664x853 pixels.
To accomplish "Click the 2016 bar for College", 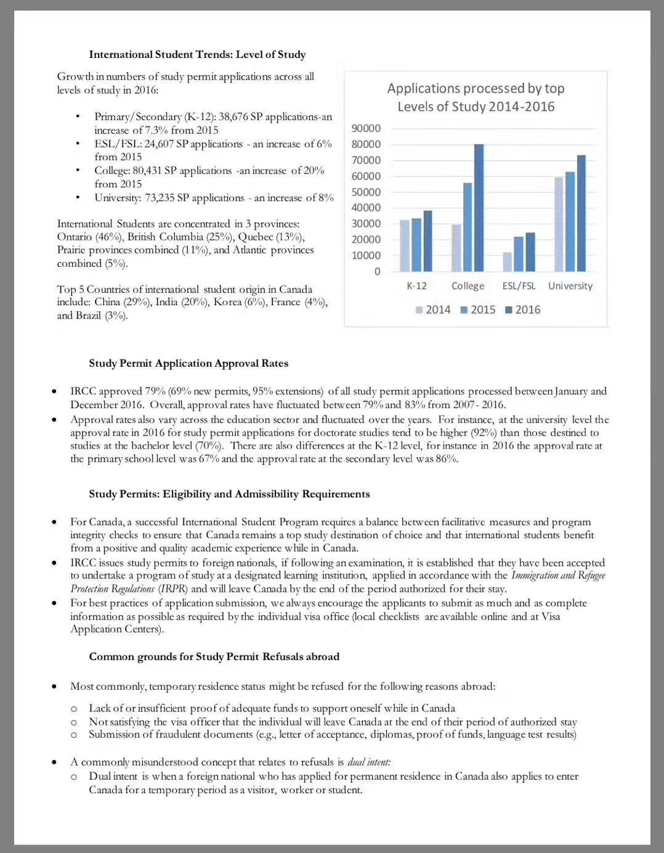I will (x=479, y=208).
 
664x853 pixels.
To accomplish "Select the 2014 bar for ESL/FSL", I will (x=508, y=262).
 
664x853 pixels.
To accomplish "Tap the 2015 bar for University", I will (x=570, y=222).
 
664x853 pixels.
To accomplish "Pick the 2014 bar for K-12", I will (x=405, y=246).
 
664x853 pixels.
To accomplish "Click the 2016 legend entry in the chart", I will (x=523, y=309).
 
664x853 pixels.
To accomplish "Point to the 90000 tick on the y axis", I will (x=366, y=128).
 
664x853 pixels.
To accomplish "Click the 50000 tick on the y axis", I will (x=366, y=192).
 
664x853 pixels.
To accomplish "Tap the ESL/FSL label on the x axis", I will (x=519, y=286).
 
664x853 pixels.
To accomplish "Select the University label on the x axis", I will (x=570, y=286).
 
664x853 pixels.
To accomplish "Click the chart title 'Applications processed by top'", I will (x=476, y=89).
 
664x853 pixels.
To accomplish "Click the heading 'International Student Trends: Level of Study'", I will (x=197, y=54).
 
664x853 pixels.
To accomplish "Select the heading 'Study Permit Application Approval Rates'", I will (x=188, y=363).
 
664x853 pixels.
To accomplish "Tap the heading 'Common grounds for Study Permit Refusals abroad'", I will (x=214, y=656).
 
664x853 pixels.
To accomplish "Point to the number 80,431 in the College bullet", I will (x=147, y=171).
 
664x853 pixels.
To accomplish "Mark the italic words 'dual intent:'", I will (x=369, y=762).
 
